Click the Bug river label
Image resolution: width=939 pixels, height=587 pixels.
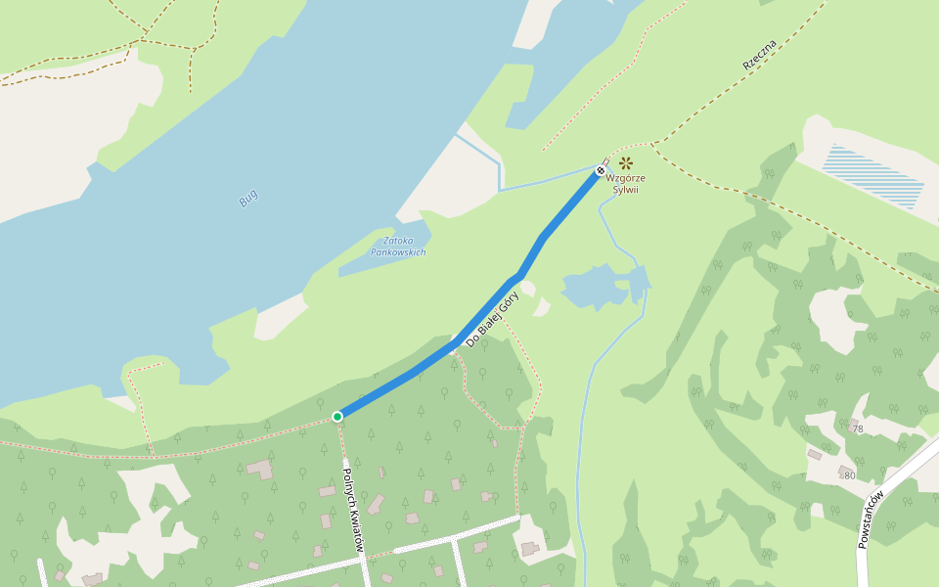[x=248, y=198]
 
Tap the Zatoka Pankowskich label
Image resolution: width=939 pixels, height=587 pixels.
[x=398, y=246]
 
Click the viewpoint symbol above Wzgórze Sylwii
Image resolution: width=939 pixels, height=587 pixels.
[x=625, y=163]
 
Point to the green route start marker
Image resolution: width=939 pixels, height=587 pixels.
[x=337, y=417]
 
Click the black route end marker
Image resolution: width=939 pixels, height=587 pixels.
[x=601, y=171]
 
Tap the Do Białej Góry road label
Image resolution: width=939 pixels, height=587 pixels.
[x=492, y=318]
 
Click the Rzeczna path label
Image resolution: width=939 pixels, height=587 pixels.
[x=759, y=55]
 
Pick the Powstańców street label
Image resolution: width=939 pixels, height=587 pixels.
[x=871, y=519]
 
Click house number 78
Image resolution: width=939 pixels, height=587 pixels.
[x=858, y=429]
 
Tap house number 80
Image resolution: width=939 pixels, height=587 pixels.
[x=849, y=475]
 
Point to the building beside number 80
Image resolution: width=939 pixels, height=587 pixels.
[x=844, y=471]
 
